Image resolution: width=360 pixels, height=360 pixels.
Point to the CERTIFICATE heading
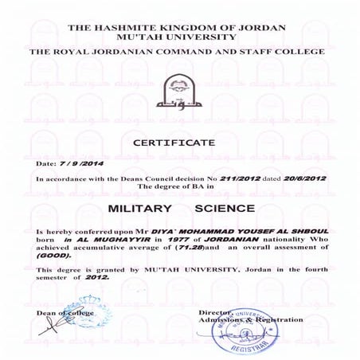point(179,143)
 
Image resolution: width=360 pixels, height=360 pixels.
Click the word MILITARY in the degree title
point(140,209)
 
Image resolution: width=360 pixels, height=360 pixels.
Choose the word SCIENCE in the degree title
point(225,209)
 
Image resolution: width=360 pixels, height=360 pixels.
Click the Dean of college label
point(61,312)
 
